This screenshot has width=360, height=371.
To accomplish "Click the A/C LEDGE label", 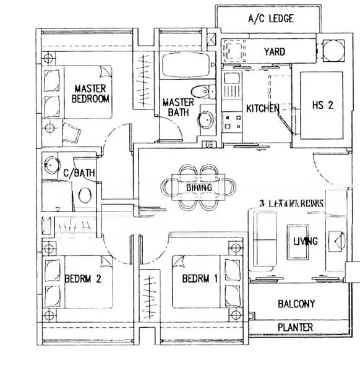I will pos(270,19).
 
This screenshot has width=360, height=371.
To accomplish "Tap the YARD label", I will pos(274,52).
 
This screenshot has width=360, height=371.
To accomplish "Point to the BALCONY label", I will pos(296,304).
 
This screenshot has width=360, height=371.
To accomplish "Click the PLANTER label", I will pos(295,327).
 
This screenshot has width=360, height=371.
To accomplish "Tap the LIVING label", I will pos(306,241).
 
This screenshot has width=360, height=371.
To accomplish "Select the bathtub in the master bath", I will pos(185,67).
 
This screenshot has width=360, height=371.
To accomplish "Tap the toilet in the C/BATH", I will pos(84,195).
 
